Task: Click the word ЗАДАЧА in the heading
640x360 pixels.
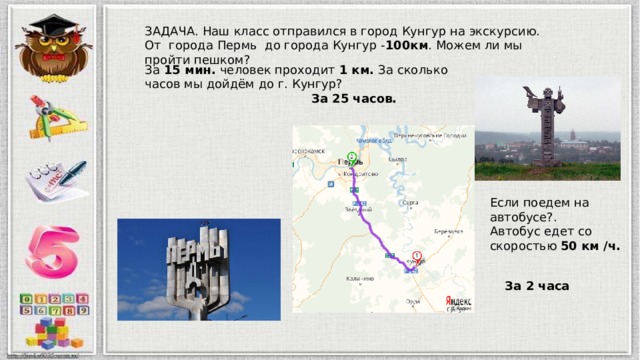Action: tap(170, 31)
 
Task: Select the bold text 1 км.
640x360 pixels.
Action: tap(356, 71)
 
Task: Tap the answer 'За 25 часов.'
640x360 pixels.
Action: tap(353, 99)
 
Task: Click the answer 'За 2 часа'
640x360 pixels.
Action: tap(537, 286)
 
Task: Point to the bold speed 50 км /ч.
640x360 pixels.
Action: tap(590, 245)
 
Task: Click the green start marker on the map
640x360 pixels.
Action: tap(351, 154)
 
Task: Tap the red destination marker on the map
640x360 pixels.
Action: tap(416, 256)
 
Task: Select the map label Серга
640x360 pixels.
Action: tap(409, 202)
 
